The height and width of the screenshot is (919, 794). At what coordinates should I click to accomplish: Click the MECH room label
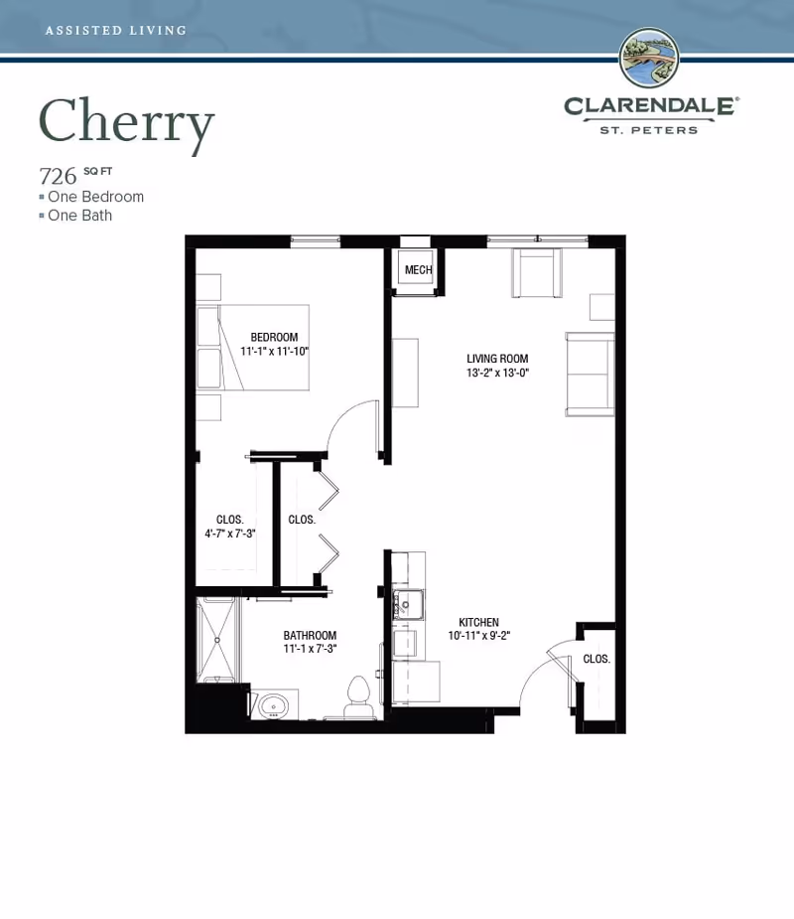click(418, 269)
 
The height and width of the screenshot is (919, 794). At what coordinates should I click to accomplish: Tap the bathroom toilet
click(359, 697)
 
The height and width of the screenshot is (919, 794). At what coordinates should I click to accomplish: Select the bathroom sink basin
click(273, 705)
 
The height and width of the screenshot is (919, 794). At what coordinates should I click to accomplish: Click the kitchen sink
click(408, 605)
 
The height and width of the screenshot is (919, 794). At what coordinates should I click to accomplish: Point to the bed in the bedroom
click(253, 348)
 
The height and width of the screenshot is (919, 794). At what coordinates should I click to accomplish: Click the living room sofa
click(590, 375)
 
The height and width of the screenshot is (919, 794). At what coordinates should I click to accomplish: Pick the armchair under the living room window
click(537, 273)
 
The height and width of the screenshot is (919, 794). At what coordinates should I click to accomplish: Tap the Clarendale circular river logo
click(649, 58)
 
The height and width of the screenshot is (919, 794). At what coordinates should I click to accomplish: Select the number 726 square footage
click(58, 176)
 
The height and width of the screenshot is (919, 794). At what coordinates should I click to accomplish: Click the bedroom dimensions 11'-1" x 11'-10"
click(274, 351)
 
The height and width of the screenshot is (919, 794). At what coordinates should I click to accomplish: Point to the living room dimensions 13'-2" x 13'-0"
click(497, 373)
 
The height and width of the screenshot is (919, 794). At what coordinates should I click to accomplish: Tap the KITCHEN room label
click(478, 622)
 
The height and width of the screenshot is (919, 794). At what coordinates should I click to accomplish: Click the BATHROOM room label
click(310, 635)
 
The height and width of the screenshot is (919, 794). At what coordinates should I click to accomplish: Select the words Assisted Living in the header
click(116, 31)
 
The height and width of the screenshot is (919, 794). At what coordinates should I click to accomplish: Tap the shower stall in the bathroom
click(217, 640)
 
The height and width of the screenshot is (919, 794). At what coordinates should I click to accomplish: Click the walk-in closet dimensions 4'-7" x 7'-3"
click(229, 534)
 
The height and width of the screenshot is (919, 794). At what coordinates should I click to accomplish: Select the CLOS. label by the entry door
click(596, 659)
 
